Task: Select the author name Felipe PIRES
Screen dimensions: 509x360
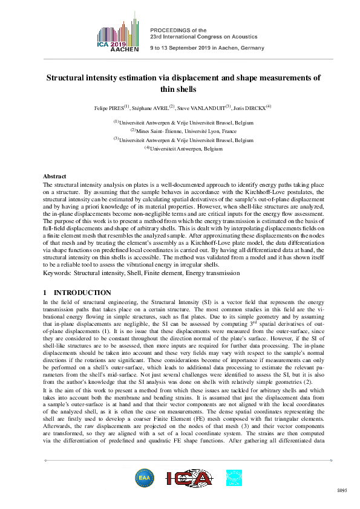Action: pos(106,108)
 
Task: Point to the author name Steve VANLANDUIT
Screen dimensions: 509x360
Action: pos(203,108)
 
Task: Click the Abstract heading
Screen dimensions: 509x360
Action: pos(55,176)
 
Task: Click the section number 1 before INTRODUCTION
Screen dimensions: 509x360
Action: pos(45,293)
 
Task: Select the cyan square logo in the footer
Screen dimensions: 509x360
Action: pos(233,478)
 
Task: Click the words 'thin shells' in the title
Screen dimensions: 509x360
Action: pos(179,89)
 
